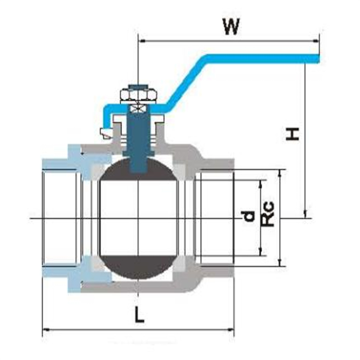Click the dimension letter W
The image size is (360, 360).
click(231, 27)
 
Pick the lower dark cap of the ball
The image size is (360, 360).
click(137, 267)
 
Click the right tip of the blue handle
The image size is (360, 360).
click(317, 58)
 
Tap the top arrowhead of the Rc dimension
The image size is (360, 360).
click(281, 172)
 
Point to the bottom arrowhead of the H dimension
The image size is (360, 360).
click(306, 214)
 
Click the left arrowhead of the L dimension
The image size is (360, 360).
click(45, 329)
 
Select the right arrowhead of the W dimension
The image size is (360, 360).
click(317, 41)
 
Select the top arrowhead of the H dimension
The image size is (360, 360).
click(306, 66)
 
